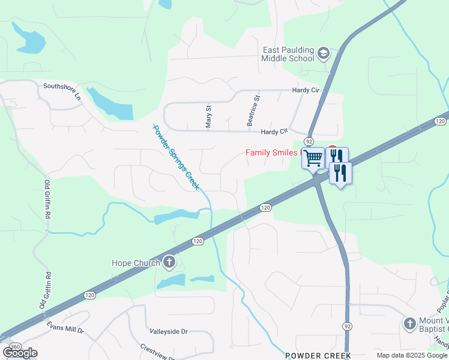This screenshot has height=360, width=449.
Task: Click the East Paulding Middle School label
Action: pyautogui.click(x=288, y=54)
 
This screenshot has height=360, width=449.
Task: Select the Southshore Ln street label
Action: pyautogui.click(x=61, y=86)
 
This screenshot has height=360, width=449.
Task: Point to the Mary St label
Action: pyautogui.click(x=209, y=117)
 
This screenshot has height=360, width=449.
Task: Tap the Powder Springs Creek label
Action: pyautogui.click(x=175, y=157)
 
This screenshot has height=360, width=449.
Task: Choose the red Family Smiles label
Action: pyautogui.click(x=273, y=152)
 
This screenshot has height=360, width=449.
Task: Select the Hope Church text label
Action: pyautogui.click(x=136, y=263)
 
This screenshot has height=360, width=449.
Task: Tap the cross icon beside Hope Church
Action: pyautogui.click(x=169, y=262)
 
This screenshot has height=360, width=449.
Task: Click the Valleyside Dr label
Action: pyautogui.click(x=169, y=331)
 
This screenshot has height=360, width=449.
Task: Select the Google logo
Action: pyautogui.click(x=20, y=352)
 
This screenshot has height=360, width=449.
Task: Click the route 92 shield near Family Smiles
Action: pyautogui.click(x=309, y=140)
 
